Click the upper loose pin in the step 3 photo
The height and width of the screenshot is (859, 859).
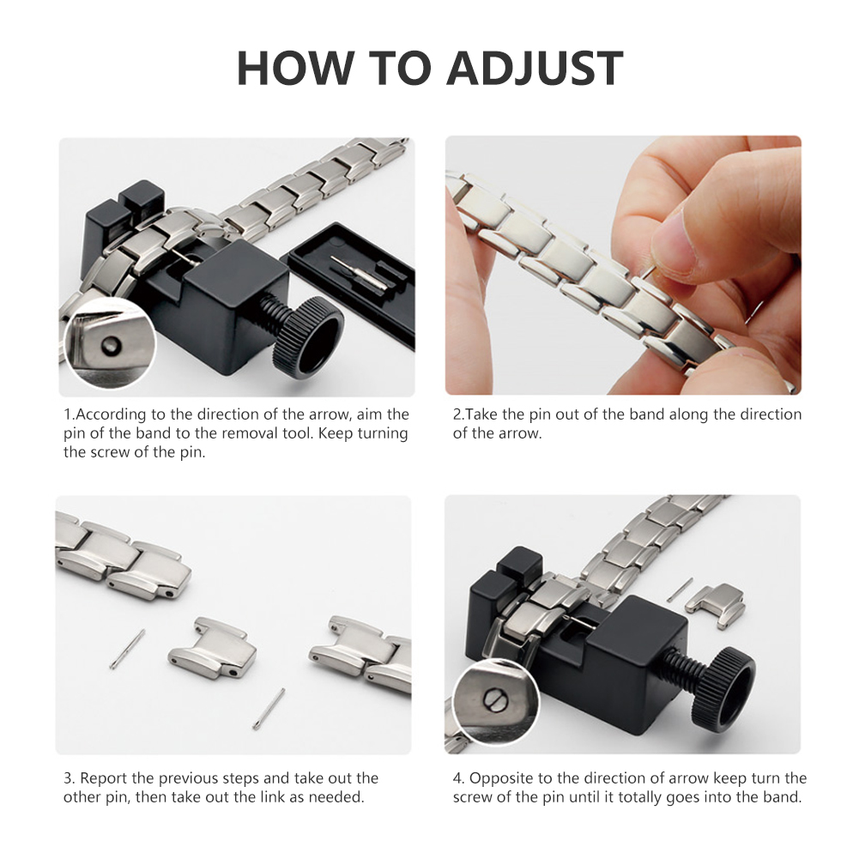pyautogui.click(x=127, y=649)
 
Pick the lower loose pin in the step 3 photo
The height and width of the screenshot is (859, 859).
pyautogui.click(x=269, y=708)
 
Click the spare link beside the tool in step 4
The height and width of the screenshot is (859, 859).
pyautogui.click(x=716, y=603)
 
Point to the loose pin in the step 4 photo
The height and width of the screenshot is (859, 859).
pyautogui.click(x=680, y=590)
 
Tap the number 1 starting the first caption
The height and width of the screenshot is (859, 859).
pyautogui.click(x=68, y=414)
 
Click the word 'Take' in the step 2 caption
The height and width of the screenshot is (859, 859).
pyautogui.click(x=482, y=414)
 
